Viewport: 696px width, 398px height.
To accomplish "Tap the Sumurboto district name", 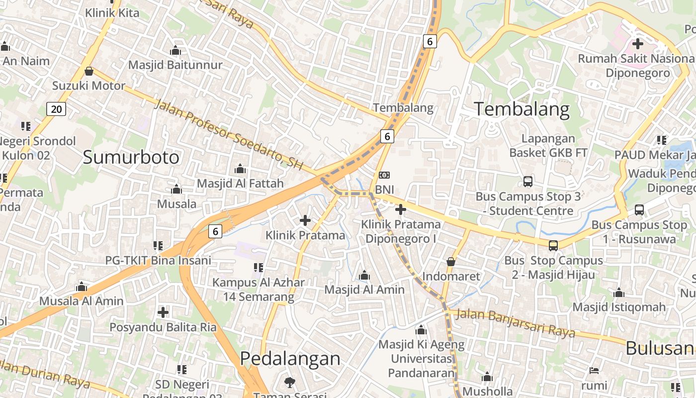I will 131,157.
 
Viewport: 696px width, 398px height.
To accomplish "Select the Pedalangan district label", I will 290,359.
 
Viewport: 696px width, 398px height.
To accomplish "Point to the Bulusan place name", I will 660,348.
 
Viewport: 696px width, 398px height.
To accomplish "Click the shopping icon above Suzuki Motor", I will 89,71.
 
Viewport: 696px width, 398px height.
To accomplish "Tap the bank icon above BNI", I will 384,175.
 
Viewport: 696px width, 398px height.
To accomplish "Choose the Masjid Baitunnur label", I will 175,65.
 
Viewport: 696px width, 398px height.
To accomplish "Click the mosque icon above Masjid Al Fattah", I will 240,169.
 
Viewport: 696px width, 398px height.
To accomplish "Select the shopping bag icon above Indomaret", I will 451,261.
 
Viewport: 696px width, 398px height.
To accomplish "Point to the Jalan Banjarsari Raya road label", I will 515,322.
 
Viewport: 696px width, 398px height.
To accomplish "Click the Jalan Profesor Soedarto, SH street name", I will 228,134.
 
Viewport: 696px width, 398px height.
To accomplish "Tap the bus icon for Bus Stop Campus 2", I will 553,245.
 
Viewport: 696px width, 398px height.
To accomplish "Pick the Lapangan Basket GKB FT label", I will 548,146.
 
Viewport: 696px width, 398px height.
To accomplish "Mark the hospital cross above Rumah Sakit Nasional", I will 638,44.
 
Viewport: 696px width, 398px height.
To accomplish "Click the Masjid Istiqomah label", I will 619,307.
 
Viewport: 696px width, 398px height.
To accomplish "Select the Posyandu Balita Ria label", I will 163,327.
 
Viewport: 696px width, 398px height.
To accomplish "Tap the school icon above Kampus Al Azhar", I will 258,268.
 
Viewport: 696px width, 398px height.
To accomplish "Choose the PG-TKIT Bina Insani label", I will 158,260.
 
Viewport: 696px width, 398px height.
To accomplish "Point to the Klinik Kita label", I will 112,12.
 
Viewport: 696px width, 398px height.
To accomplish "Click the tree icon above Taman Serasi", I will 290,382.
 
